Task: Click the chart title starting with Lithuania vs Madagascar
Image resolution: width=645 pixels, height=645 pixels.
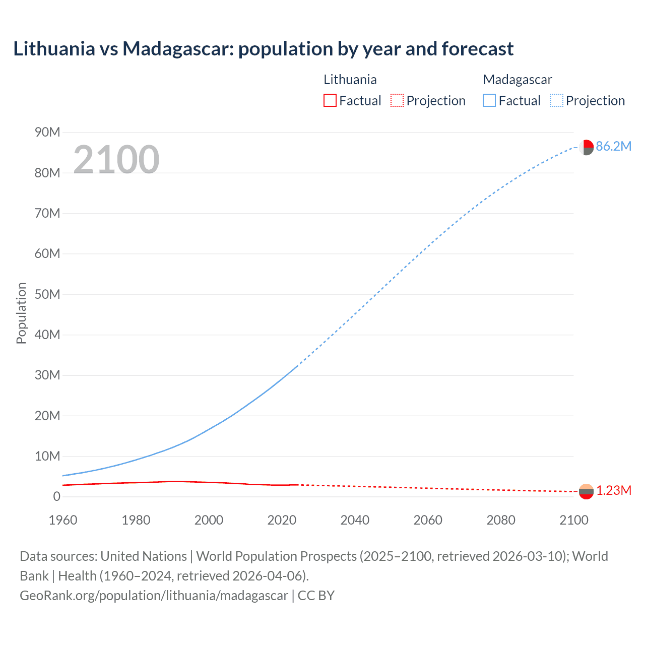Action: [x=263, y=49]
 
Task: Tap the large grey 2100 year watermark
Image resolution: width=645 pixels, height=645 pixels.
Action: [x=116, y=160]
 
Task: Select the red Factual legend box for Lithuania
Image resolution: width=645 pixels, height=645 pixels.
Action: [x=330, y=101]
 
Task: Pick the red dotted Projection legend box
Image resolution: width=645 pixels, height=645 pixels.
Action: [x=397, y=101]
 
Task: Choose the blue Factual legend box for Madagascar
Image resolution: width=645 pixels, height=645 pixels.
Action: [x=489, y=101]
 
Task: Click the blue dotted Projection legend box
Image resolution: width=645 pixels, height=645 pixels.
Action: [x=556, y=101]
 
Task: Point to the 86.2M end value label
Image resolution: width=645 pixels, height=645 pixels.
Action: [x=613, y=147]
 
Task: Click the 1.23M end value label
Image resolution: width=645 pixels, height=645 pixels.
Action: [x=614, y=491]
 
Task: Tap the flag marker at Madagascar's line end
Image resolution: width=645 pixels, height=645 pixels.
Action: [x=586, y=147]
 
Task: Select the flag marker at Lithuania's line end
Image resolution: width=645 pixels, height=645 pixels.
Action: [x=586, y=491]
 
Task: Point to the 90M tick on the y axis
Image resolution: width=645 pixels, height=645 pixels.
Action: [x=47, y=133]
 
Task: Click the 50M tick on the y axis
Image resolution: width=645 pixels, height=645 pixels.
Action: [x=47, y=294]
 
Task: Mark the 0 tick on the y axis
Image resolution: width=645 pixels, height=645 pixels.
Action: [x=56, y=497]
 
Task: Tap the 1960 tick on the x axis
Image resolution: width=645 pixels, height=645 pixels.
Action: [x=63, y=520]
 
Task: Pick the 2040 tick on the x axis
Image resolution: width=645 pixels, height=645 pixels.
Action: [x=355, y=520]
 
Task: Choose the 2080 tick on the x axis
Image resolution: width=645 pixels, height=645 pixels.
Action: [x=501, y=520]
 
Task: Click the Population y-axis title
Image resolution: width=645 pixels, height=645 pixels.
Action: [x=21, y=313]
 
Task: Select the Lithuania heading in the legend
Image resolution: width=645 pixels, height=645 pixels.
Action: [x=350, y=80]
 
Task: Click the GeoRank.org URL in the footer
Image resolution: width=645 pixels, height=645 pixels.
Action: [x=154, y=596]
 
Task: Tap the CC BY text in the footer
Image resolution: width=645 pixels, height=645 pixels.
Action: [x=316, y=596]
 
